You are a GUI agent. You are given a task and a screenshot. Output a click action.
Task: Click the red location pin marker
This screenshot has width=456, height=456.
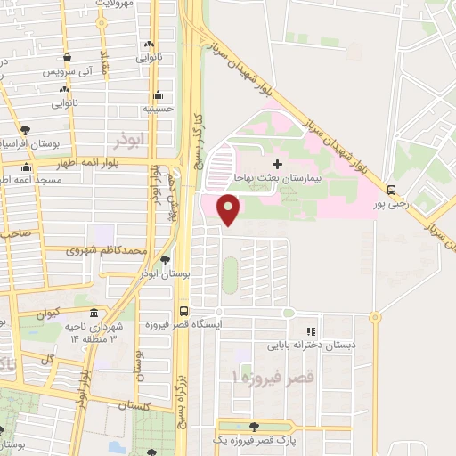[229, 210]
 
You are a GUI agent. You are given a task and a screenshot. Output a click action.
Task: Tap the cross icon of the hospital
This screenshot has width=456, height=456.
[277, 164]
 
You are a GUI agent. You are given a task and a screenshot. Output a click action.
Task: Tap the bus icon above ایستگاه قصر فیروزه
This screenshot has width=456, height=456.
[183, 311]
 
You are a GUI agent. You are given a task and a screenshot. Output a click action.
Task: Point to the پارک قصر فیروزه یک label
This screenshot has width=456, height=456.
[259, 440]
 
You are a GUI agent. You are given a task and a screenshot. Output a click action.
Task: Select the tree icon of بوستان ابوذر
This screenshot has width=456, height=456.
[166, 259]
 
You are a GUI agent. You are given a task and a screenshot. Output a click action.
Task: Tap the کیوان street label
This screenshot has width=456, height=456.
[45, 313]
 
